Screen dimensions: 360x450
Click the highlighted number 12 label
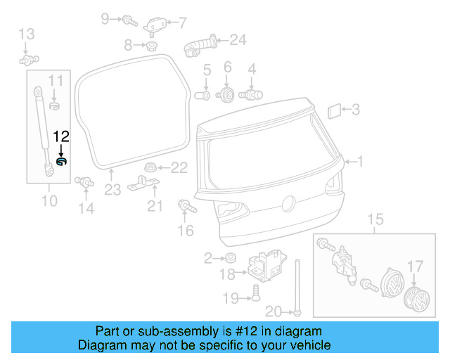(61, 136)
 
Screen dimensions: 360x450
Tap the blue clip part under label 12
(61, 163)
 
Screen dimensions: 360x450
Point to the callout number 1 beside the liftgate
(361, 162)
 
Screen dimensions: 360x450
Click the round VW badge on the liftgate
(287, 204)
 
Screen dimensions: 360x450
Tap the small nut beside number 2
(229, 259)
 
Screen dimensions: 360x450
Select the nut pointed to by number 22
(149, 167)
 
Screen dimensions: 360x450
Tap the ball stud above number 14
(85, 181)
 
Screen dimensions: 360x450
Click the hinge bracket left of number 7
(155, 25)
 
